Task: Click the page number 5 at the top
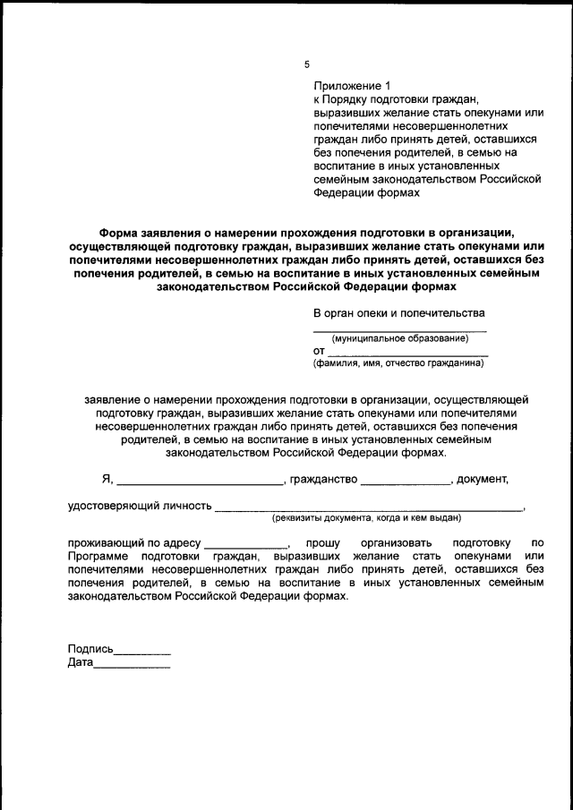click(x=306, y=64)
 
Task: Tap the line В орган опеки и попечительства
click(x=398, y=313)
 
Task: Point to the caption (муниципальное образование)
click(x=400, y=338)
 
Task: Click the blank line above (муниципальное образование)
click(x=400, y=329)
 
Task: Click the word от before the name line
click(x=319, y=352)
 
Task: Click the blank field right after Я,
click(x=199, y=480)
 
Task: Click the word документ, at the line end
click(x=483, y=480)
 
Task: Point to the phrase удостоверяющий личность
click(x=140, y=506)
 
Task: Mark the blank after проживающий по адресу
click(x=246, y=542)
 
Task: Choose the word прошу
click(x=320, y=542)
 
